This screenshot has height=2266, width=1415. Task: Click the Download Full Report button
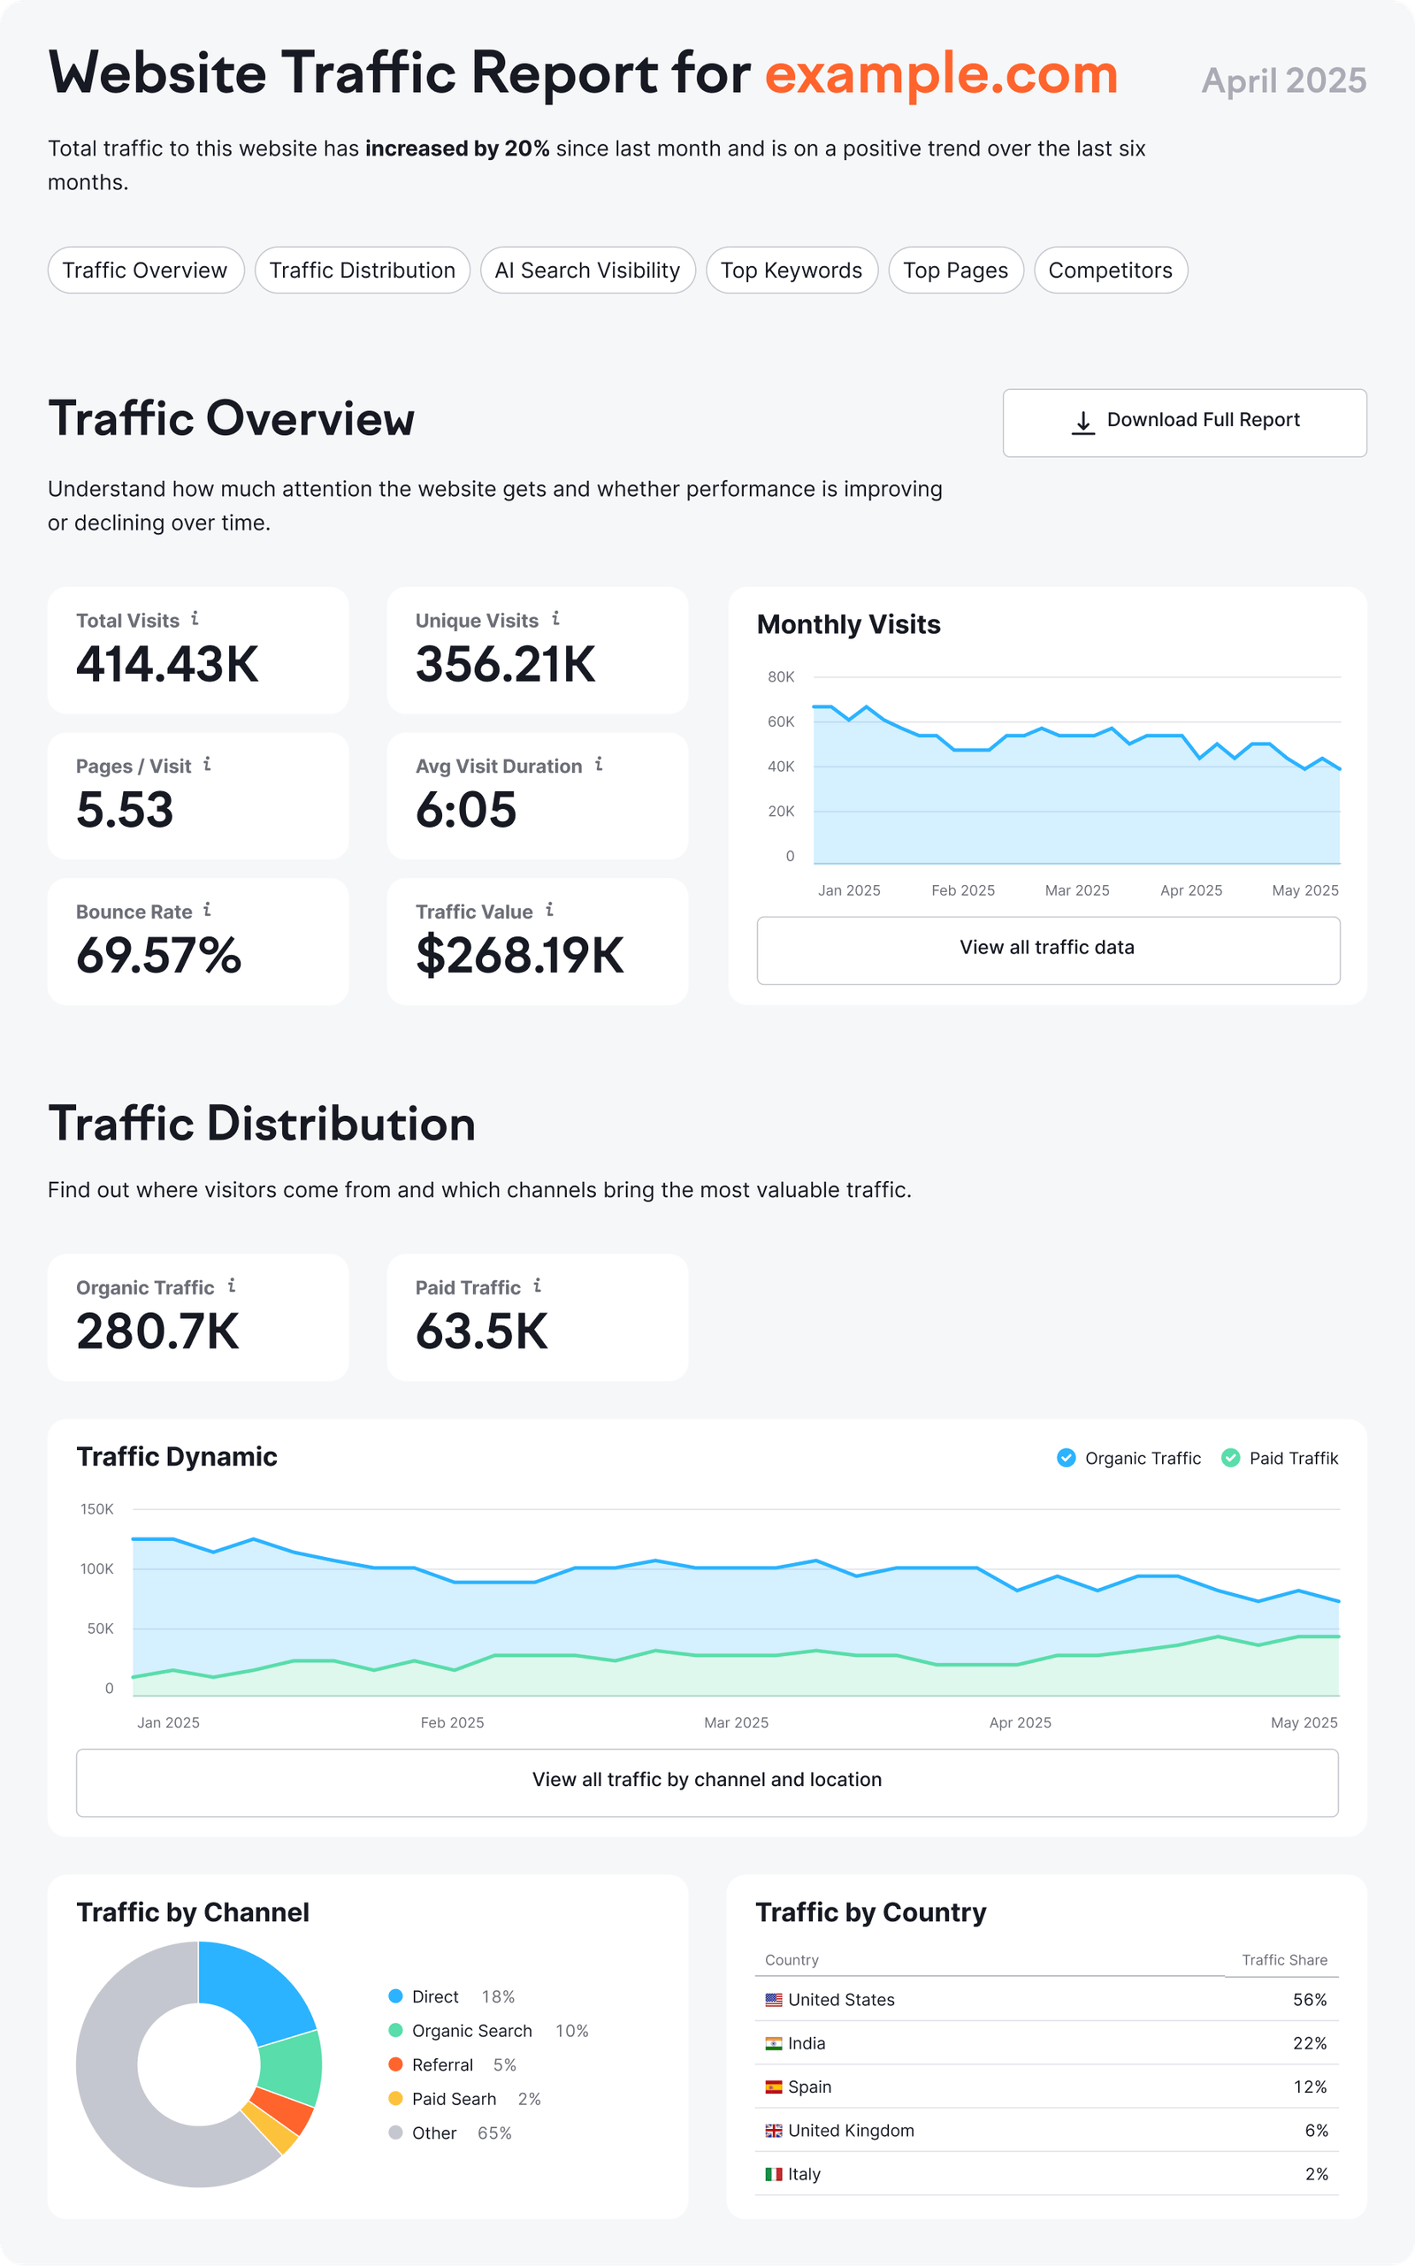click(1184, 422)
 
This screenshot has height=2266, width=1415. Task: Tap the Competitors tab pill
click(1110, 271)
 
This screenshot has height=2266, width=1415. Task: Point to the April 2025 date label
click(1283, 81)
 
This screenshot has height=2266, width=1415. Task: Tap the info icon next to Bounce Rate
click(207, 910)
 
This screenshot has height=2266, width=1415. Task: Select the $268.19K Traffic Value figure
click(519, 955)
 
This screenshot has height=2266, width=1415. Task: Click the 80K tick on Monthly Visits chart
click(781, 676)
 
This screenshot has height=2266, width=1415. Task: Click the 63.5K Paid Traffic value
click(481, 1331)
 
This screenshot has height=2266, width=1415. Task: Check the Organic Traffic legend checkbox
click(1066, 1458)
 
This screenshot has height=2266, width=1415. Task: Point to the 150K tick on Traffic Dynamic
click(96, 1509)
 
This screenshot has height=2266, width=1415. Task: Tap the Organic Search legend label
click(471, 2030)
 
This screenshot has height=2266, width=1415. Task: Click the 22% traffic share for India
click(1308, 2043)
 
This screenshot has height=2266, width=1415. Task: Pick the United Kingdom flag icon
click(773, 2131)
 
